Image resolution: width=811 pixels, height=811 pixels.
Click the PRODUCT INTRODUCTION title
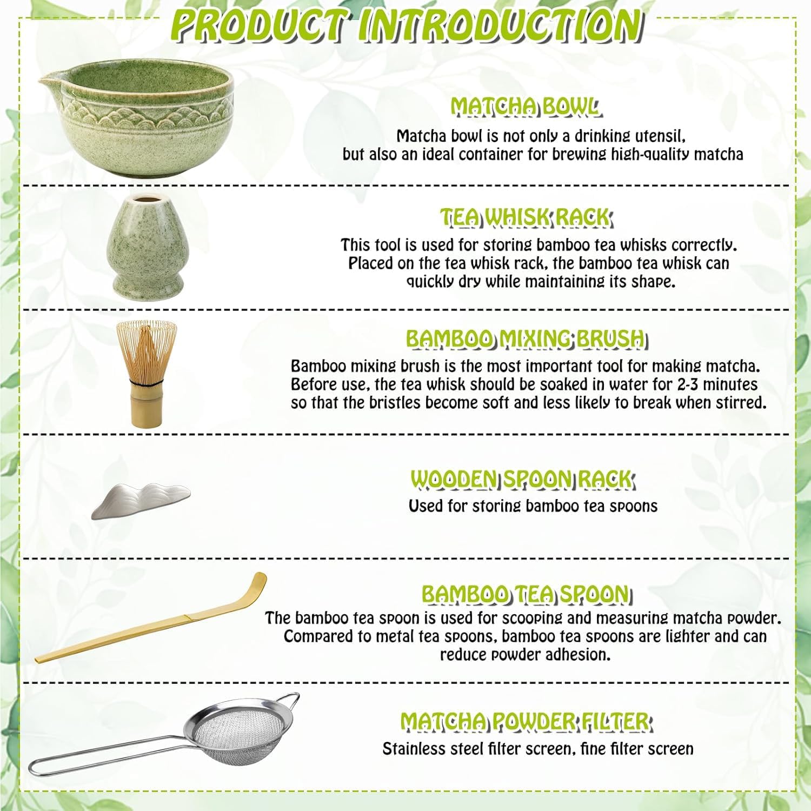(x=409, y=24)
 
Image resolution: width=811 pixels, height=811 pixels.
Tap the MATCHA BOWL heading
(x=525, y=107)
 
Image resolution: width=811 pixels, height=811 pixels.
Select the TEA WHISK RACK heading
(x=525, y=217)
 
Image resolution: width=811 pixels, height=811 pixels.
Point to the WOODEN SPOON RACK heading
(x=522, y=479)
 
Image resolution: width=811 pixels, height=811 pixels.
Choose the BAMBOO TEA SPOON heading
(x=526, y=594)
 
